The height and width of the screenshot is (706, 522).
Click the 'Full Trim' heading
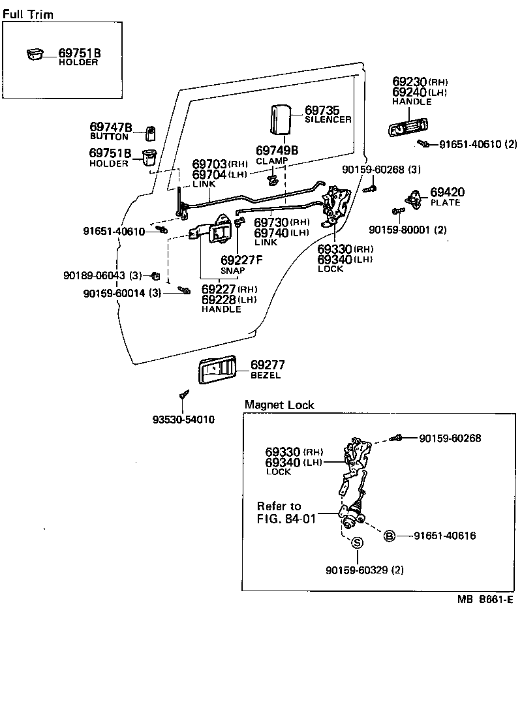27,14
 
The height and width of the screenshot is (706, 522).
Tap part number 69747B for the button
110,127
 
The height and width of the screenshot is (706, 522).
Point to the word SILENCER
328,119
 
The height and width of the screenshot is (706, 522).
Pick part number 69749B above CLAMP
277,150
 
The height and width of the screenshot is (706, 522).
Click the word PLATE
445,202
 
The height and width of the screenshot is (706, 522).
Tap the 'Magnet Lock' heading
279,405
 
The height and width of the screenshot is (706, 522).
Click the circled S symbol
358,542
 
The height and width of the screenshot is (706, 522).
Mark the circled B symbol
389,536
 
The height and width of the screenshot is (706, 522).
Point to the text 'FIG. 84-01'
286,519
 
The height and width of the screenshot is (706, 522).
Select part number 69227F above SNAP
241,260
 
